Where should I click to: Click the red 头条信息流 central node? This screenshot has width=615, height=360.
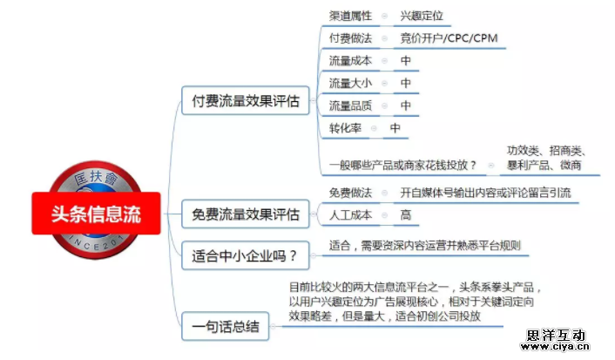coord(96,214)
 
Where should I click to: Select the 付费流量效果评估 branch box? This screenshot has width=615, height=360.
coord(246,102)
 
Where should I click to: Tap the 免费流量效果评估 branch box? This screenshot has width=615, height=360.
coord(246,213)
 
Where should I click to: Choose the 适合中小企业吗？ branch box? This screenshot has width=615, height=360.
coord(245,256)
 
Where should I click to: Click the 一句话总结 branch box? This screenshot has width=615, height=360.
coord(225,329)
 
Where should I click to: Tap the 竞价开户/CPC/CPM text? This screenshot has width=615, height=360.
coord(449,38)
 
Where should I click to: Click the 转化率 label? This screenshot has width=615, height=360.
coord(344,128)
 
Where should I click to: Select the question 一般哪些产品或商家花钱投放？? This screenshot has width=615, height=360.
coord(403,165)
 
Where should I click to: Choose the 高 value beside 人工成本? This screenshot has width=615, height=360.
coord(406,214)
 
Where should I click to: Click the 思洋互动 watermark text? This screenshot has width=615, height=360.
coord(558,335)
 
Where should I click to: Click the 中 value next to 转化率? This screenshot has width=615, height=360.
coord(395,128)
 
